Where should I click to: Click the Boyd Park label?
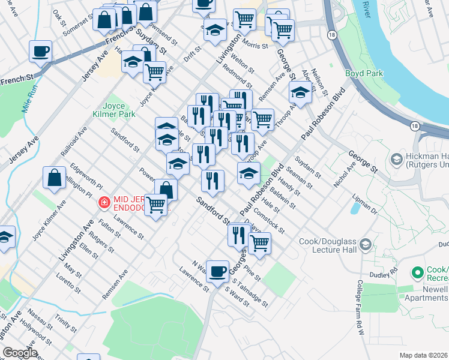tap(364, 73)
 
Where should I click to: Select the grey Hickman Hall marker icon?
tap(396, 159)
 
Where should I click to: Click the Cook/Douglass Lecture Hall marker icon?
tap(366, 245)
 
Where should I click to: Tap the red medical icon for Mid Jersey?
tap(104, 203)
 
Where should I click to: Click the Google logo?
tap(19, 353)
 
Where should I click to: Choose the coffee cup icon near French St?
tap(41, 52)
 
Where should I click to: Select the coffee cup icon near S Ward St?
tap(217, 270)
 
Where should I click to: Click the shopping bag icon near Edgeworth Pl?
tap(54, 178)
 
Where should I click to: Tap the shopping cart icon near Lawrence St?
tap(156, 205)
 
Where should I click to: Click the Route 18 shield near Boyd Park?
tap(414, 125)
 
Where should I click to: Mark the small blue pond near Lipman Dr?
tap(355, 208)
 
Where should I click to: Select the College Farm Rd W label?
tap(361, 307)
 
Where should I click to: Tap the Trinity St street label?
tap(65, 323)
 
